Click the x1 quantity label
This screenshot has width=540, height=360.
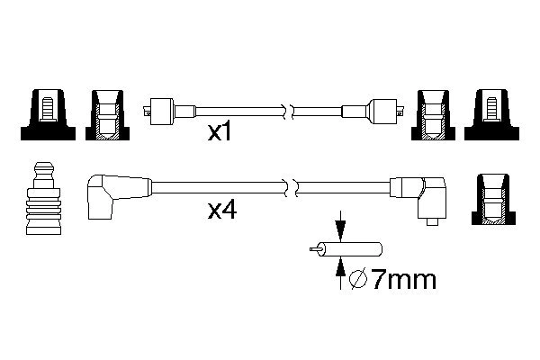coord(220,132)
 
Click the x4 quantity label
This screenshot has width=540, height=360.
coord(222,211)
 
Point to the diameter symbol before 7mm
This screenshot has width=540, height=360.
coord(358,280)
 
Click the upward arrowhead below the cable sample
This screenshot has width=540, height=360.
coord(340,267)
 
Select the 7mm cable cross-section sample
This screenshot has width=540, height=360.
coord(346,249)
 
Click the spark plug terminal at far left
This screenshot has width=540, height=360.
coord(44,198)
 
